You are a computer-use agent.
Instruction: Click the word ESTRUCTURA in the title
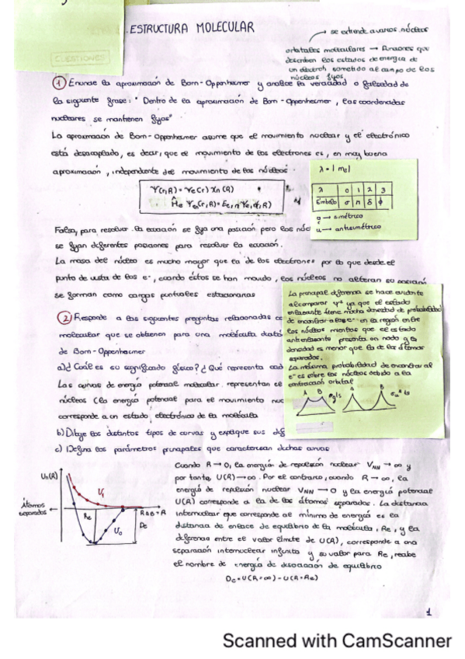click(x=159, y=30)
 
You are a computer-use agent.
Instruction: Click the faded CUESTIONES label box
click(x=80, y=58)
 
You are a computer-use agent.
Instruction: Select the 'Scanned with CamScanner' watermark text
click(x=337, y=640)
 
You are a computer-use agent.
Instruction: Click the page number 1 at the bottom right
click(x=428, y=613)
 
